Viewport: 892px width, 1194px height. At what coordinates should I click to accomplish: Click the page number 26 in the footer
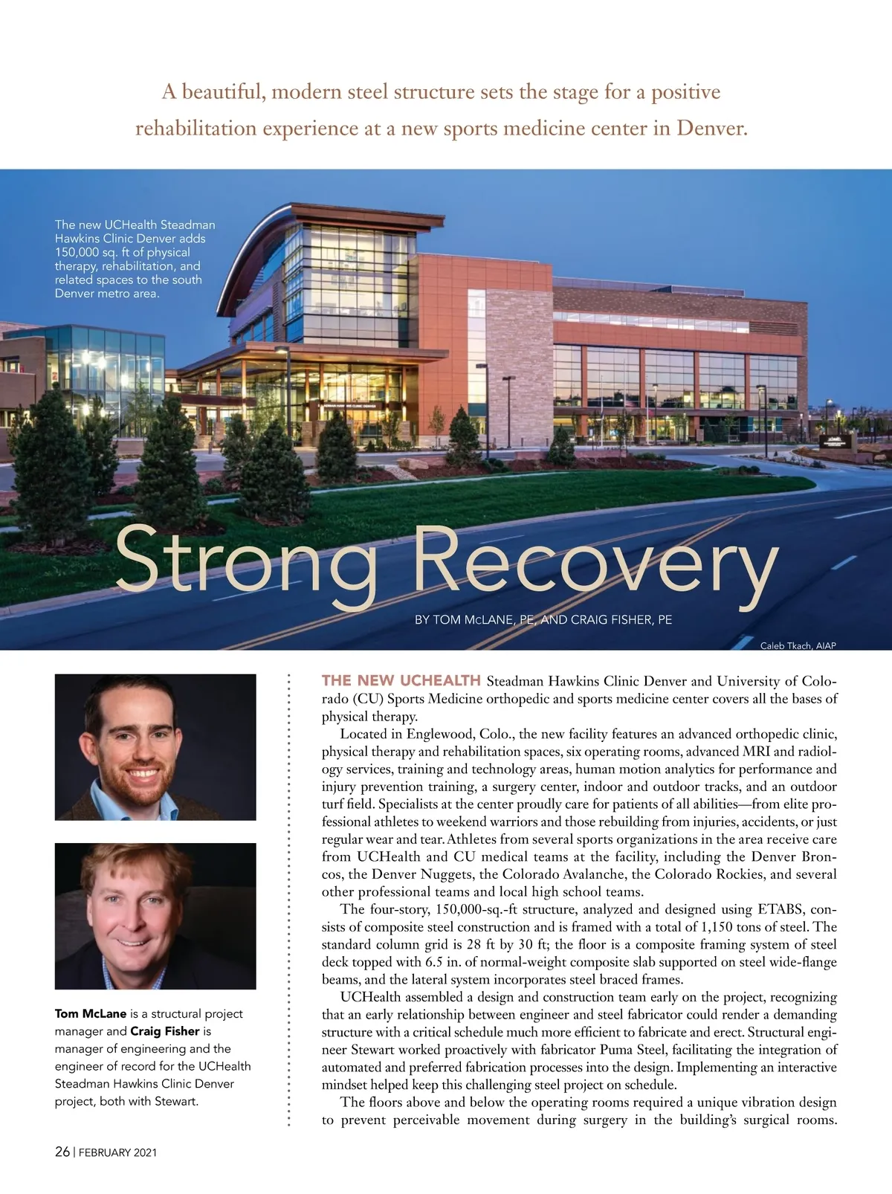[62, 1152]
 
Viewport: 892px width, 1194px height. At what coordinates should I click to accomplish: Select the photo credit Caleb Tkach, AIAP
[798, 645]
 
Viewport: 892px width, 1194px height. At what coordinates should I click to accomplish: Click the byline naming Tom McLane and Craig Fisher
[543, 619]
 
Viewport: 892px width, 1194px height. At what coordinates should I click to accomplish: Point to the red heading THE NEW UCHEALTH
[401, 680]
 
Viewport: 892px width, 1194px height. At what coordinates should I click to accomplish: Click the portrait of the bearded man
[155, 746]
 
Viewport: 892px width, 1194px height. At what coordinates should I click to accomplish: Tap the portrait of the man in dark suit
[155, 915]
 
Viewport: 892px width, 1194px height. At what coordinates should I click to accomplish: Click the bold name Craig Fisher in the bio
[165, 1031]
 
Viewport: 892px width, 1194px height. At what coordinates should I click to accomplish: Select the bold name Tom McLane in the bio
[91, 1013]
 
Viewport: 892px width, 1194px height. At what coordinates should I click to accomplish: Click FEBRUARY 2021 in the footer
[117, 1152]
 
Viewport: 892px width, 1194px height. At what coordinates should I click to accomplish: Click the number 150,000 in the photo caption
[77, 252]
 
